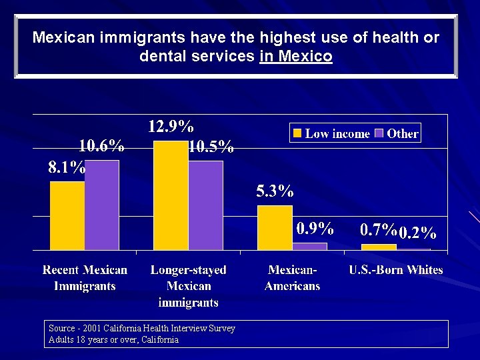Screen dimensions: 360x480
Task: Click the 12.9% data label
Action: click(x=171, y=127)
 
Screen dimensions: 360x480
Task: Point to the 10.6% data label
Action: click(x=101, y=146)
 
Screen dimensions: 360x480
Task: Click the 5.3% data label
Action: click(x=275, y=192)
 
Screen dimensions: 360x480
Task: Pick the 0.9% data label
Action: click(x=315, y=229)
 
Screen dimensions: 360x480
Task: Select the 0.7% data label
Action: click(x=379, y=231)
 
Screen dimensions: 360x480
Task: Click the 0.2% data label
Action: click(x=417, y=233)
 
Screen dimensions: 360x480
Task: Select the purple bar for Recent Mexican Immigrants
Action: click(x=102, y=205)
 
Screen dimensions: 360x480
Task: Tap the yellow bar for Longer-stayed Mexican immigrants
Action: click(x=171, y=195)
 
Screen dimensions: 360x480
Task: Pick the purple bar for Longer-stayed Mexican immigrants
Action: click(x=205, y=205)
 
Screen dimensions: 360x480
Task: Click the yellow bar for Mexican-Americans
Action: click(x=275, y=227)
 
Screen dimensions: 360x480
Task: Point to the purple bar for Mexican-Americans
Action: click(x=309, y=246)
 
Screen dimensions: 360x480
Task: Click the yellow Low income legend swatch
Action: click(x=297, y=133)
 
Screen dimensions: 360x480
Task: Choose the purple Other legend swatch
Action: click(x=379, y=133)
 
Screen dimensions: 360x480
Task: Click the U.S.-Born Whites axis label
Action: click(x=396, y=270)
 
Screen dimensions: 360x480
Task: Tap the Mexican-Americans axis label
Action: click(x=292, y=278)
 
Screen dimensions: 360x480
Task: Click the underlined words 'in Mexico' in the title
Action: click(x=295, y=57)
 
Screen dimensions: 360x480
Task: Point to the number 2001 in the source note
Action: click(x=90, y=329)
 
